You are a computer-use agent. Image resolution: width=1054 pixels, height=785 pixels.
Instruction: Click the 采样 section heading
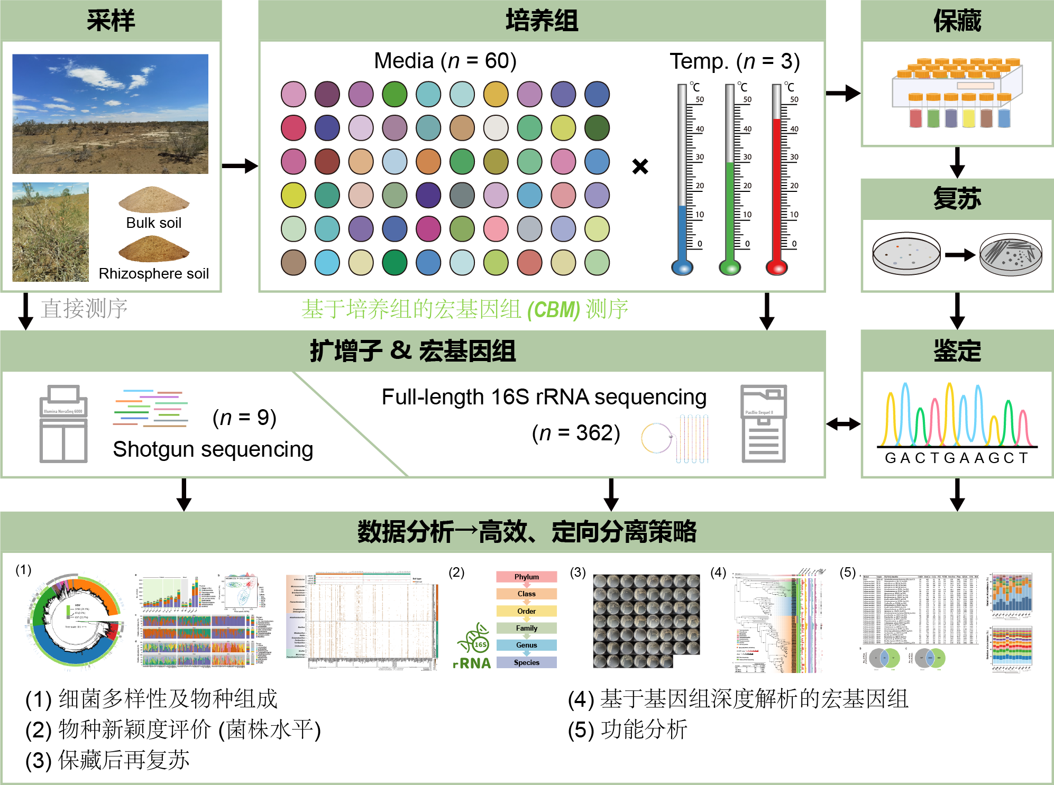111,21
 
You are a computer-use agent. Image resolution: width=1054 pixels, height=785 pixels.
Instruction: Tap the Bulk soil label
153,223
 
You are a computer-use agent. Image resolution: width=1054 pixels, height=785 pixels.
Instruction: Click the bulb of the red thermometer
777,267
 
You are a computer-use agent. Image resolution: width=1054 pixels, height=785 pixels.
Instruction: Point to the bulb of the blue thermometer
682,267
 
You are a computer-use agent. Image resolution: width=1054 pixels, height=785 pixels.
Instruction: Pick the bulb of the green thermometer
730,267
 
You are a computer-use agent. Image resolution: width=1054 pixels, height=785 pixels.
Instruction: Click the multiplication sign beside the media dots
640,167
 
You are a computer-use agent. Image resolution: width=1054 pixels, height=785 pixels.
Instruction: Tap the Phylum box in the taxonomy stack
526,577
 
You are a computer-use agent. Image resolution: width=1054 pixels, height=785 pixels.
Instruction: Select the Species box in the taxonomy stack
526,662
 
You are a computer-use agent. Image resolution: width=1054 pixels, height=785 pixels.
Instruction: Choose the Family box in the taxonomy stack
526,628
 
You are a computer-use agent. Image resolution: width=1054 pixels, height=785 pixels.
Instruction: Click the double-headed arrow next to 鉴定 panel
843,423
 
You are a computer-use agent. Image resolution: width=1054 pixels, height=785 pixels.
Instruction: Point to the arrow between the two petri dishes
960,255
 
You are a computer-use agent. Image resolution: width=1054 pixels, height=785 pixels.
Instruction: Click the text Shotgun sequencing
213,449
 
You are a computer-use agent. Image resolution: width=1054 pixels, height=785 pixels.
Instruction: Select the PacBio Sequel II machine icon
763,423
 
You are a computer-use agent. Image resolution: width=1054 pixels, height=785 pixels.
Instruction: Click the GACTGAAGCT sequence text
957,458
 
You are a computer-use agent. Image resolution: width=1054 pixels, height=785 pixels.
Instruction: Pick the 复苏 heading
957,199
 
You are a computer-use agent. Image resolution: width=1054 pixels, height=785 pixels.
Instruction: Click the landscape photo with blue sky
110,114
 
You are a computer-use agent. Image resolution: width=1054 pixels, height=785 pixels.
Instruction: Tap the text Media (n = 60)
445,61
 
